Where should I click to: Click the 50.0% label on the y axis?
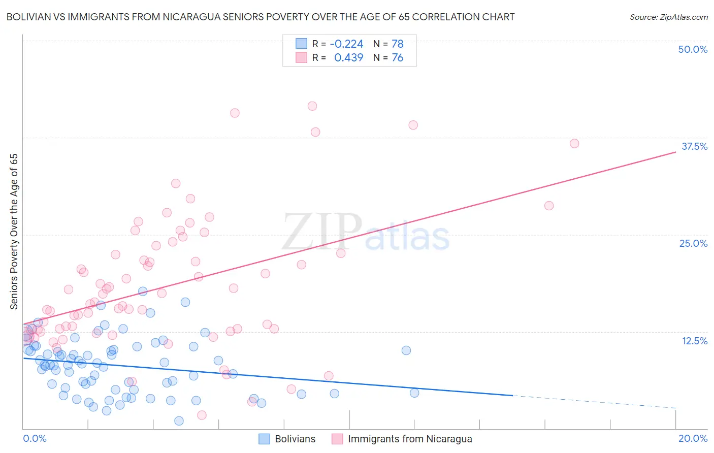click(x=693, y=49)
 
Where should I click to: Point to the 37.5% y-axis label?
click(x=694, y=146)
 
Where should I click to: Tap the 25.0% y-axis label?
click(x=693, y=243)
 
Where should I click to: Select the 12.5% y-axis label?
click(x=694, y=341)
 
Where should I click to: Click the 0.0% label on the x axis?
click(x=35, y=438)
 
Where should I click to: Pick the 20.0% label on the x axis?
click(x=693, y=438)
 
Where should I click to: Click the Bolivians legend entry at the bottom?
click(x=295, y=439)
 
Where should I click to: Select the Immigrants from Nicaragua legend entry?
click(x=409, y=439)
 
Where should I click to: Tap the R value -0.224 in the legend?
click(x=346, y=44)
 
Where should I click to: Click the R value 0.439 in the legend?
click(x=348, y=58)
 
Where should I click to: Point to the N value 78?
click(x=397, y=44)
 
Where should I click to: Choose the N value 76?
click(x=397, y=58)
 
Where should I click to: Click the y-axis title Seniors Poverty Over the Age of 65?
click(x=14, y=232)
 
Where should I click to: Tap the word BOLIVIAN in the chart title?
click(x=29, y=17)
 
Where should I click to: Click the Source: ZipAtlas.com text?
click(x=668, y=17)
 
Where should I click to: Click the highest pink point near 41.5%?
click(x=312, y=106)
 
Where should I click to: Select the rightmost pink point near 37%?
click(x=574, y=143)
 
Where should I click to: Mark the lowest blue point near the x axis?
click(x=179, y=421)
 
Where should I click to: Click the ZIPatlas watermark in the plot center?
click(x=366, y=232)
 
